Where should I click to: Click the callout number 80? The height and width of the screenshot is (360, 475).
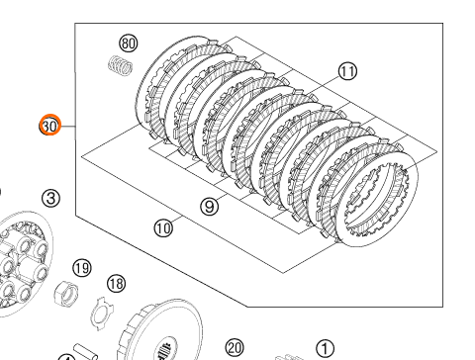click(x=129, y=44)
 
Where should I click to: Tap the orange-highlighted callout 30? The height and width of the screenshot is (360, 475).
click(x=50, y=126)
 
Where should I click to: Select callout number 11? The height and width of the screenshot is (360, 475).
click(x=347, y=71)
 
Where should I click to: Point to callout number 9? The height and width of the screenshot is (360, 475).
click(x=210, y=207)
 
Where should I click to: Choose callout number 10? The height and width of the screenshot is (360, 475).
click(x=163, y=227)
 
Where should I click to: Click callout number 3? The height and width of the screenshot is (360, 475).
click(x=51, y=198)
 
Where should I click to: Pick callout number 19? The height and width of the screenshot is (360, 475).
click(x=82, y=268)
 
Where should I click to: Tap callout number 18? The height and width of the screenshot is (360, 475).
click(x=117, y=283)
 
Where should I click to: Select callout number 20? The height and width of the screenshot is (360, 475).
click(x=235, y=348)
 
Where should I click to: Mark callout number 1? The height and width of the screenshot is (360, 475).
click(x=325, y=349)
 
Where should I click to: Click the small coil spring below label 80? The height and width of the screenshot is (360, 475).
click(x=121, y=65)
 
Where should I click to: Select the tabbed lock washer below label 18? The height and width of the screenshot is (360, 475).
click(x=102, y=314)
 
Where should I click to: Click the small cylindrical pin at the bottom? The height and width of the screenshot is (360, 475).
click(x=86, y=352)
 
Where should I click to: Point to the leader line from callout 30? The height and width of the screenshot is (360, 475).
click(x=68, y=126)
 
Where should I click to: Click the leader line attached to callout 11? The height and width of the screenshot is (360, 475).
click(x=324, y=84)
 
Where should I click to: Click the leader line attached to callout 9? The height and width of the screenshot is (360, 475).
click(x=223, y=198)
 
